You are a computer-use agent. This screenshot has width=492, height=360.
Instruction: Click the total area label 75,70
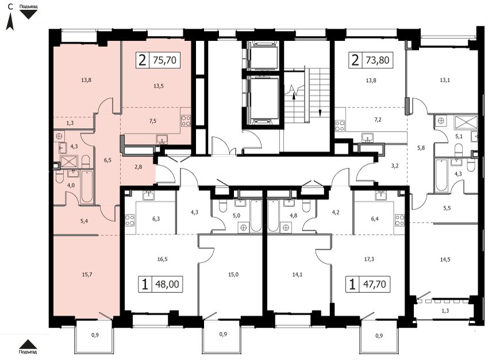tap(165, 60)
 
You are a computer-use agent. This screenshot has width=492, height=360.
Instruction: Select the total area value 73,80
tap(378, 60)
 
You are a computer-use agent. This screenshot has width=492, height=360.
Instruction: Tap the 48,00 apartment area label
tap(167, 284)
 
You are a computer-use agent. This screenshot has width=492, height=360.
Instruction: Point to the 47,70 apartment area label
tap(374, 284)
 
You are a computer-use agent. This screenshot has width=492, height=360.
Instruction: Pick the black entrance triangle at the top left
tap(29, 14)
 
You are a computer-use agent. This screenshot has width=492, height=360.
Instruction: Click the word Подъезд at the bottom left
tap(28, 351)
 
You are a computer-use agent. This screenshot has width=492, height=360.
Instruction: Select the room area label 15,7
tap(87, 275)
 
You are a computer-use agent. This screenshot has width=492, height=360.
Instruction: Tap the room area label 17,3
tap(369, 259)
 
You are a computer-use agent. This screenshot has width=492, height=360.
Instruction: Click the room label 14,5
tap(445, 259)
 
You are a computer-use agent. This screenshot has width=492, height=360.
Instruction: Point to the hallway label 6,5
tap(107, 160)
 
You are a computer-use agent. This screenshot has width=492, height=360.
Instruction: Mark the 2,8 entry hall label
tap(138, 167)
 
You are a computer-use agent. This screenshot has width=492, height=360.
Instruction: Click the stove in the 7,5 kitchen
tap(186, 121)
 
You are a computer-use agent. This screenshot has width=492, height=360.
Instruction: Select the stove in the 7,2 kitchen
tap(340, 126)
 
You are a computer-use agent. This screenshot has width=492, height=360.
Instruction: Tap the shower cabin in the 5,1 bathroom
tap(466, 122)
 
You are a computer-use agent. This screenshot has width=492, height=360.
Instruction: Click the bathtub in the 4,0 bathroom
tap(87, 187)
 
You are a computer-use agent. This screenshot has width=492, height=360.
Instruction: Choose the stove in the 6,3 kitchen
tap(130, 220)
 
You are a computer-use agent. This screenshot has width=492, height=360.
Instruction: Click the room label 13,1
tap(445, 80)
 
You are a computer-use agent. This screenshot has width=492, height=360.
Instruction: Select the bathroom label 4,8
tap(293, 215)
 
